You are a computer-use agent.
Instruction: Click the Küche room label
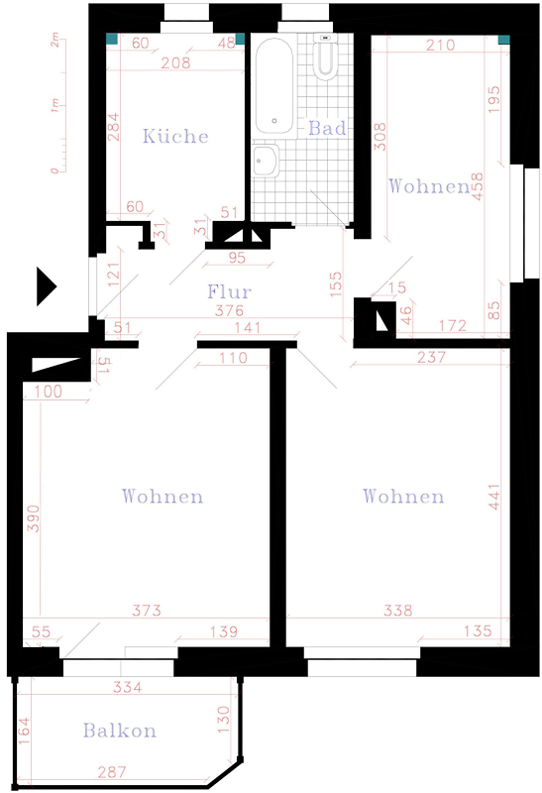click(175, 136)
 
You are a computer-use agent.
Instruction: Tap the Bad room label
click(327, 128)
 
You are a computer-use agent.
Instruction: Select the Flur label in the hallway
click(229, 291)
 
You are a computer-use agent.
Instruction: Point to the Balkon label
click(119, 731)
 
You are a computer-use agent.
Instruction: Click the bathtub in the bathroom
click(274, 86)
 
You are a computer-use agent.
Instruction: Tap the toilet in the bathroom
click(325, 57)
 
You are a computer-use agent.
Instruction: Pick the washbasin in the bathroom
click(266, 161)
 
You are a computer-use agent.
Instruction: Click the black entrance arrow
click(46, 286)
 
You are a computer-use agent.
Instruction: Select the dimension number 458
click(478, 186)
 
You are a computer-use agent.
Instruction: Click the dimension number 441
click(494, 498)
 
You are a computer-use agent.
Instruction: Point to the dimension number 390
click(33, 517)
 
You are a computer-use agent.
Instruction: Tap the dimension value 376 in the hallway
click(229, 310)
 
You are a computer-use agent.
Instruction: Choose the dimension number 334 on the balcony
click(128, 687)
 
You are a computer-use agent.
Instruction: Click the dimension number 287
click(112, 772)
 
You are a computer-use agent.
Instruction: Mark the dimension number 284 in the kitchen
click(114, 127)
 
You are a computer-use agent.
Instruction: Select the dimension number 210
click(440, 45)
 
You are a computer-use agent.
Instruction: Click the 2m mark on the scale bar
click(54, 40)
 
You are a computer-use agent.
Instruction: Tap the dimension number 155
click(335, 283)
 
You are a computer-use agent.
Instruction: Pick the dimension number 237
click(431, 357)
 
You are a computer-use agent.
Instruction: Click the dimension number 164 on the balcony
click(24, 731)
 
